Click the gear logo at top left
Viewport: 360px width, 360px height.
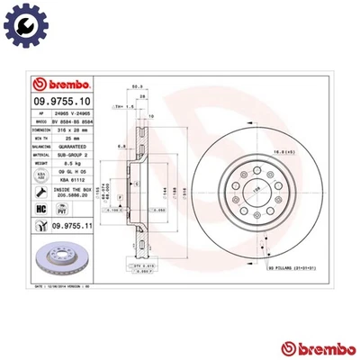pyautogui.click(x=23, y=24)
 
